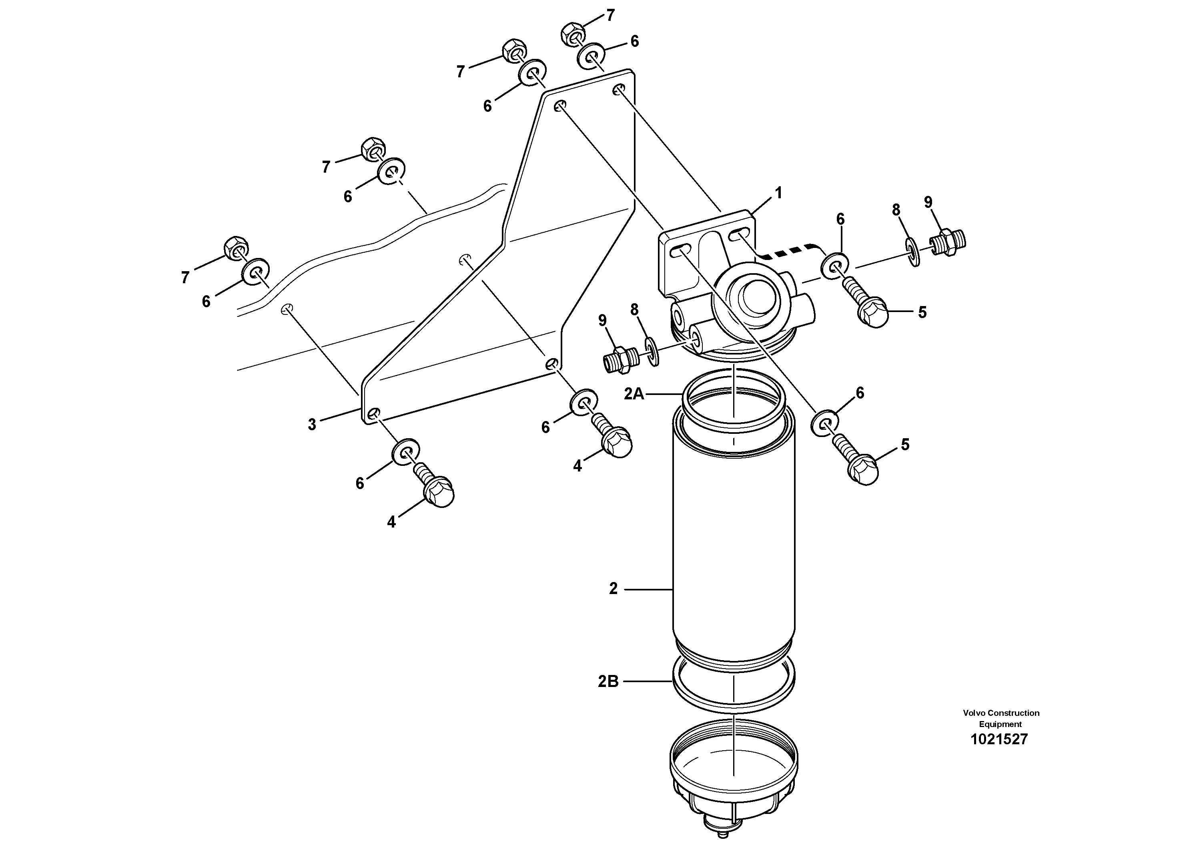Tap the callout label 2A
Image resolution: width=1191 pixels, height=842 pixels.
634,395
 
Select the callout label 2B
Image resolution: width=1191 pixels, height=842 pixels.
608,681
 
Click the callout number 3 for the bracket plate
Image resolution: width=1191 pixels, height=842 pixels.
312,425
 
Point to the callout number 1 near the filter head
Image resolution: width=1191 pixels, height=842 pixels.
778,193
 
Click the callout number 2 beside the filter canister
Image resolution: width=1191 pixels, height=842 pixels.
613,589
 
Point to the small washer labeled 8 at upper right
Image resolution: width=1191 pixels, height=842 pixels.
914,252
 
